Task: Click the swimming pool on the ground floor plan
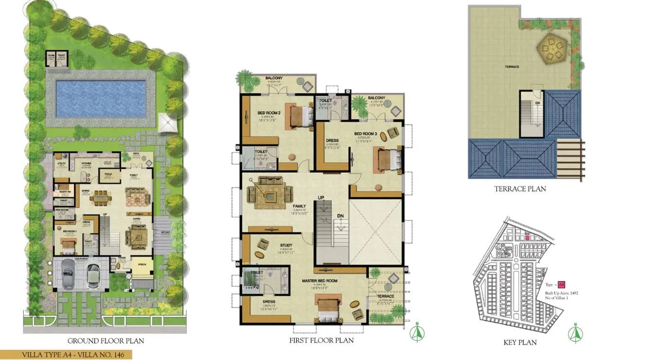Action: pyautogui.click(x=101, y=99)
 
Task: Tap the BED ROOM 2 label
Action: pyautogui.click(x=269, y=113)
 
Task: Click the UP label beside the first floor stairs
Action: pyautogui.click(x=321, y=197)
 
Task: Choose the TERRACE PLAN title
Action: pyautogui.click(x=520, y=189)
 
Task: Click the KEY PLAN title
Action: pyautogui.click(x=520, y=343)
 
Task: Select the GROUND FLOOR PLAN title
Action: pyautogui.click(x=105, y=341)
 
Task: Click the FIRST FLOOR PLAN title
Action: pyautogui.click(x=321, y=341)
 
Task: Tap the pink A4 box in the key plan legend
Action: pyautogui.click(x=561, y=285)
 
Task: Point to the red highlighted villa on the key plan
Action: pyautogui.click(x=527, y=238)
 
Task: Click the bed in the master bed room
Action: pyautogui.click(x=327, y=306)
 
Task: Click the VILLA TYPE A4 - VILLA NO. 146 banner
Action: pyautogui.click(x=66, y=355)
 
